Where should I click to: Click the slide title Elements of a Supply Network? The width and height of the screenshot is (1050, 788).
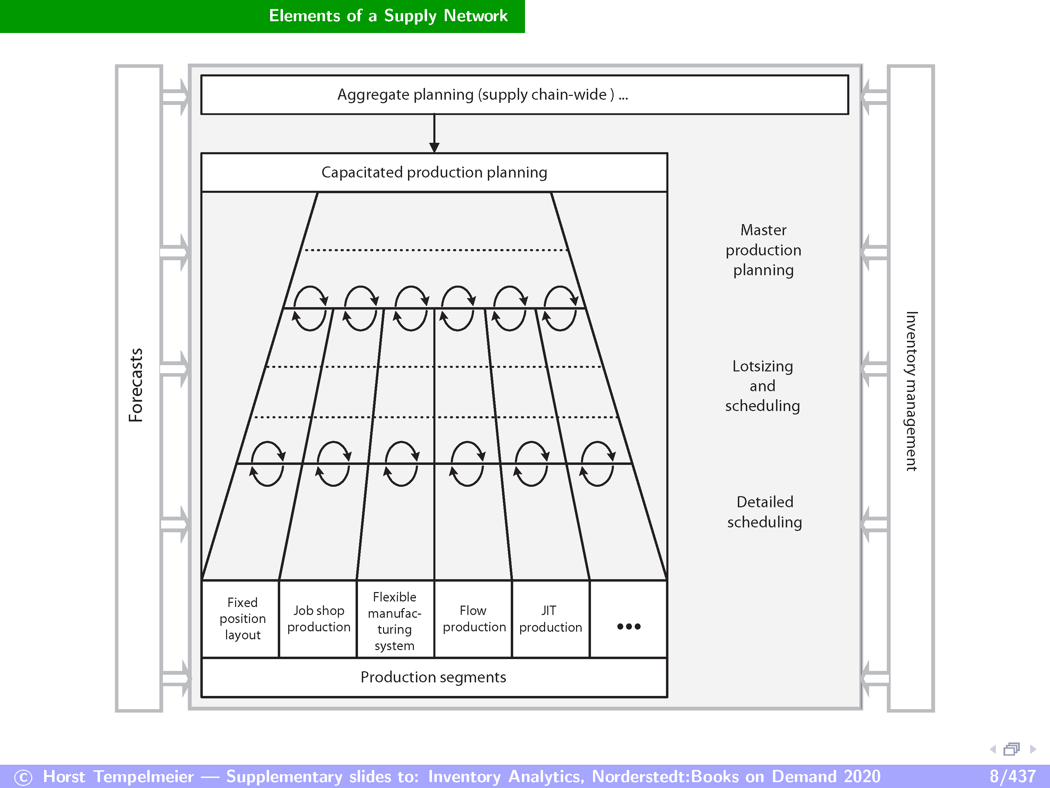tap(388, 16)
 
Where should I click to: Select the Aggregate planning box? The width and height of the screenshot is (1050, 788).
tap(482, 95)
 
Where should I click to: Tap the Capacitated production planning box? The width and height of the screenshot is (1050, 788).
tap(434, 172)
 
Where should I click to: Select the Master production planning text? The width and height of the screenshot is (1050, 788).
tap(763, 250)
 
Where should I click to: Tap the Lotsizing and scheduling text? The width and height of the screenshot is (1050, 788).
tap(763, 386)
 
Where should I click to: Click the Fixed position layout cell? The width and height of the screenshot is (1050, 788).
tap(243, 618)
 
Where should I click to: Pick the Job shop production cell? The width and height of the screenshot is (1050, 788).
tap(318, 618)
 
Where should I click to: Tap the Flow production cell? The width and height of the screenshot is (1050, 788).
tap(474, 618)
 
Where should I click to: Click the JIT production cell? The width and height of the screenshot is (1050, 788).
tap(550, 618)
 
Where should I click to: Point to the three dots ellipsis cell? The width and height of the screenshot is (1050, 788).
tap(628, 626)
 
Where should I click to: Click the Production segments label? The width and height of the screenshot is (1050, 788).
tap(433, 677)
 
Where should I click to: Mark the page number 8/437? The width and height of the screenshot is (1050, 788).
tap(1012, 777)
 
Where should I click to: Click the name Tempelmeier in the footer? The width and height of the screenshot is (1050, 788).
tap(144, 777)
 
